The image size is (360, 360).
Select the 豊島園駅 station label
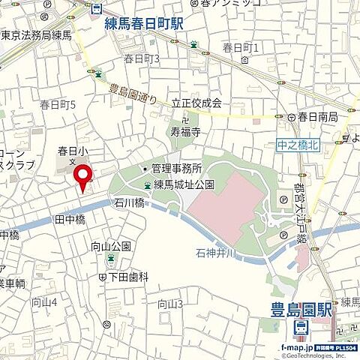click(301, 307)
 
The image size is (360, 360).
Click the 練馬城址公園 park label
click(184, 184)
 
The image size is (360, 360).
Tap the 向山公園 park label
click(111, 246)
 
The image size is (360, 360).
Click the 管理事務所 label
click(178, 169)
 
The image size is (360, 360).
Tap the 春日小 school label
click(72, 151)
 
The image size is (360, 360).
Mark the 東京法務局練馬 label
click(35, 34)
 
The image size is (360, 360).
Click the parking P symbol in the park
click(283, 200)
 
